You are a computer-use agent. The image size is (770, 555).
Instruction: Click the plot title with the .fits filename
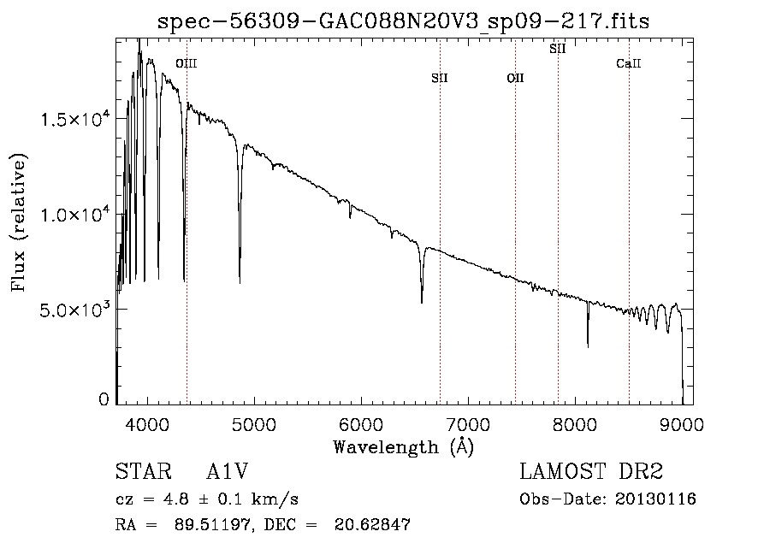point(404,21)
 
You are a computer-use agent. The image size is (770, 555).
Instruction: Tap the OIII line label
point(186,63)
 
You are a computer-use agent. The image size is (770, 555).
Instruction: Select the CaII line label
point(629,63)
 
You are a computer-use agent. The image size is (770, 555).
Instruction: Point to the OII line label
point(515,79)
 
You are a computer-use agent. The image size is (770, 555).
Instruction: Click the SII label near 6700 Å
point(440,79)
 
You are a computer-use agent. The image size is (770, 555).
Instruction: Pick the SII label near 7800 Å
point(558,49)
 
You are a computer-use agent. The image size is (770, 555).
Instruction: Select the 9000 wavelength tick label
point(682,423)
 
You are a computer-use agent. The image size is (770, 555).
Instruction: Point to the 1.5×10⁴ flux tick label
point(76,120)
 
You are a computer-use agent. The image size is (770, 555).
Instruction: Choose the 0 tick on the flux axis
point(104,399)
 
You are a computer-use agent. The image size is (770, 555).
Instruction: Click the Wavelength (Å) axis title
point(404,446)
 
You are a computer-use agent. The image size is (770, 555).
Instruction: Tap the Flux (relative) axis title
point(19,222)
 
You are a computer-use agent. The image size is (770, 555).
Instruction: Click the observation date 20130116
point(656,499)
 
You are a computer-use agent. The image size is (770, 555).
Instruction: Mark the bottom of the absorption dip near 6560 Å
point(422,302)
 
